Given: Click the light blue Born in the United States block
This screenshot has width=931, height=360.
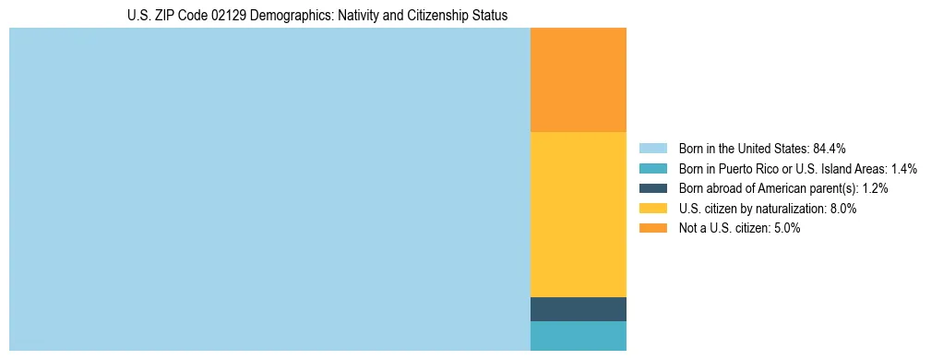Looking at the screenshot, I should (269, 189).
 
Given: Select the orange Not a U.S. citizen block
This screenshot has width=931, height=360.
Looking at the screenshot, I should (579, 80).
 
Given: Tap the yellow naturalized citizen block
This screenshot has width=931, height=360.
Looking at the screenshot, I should (579, 214).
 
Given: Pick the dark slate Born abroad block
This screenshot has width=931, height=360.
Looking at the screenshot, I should (579, 309).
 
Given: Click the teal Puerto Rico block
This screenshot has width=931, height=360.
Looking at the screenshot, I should (579, 336).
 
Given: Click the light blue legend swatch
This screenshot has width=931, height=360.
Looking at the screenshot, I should (652, 149).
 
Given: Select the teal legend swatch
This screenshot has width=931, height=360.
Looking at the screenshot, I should (652, 169).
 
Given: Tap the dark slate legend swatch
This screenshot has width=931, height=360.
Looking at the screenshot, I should (652, 188).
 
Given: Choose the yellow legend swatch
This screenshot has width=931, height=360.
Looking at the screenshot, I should (652, 209).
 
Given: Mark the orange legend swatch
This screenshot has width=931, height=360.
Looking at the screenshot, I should (652, 228).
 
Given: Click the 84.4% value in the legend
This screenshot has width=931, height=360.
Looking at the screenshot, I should (830, 149).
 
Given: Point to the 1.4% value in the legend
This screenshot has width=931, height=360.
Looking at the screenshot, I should (904, 169).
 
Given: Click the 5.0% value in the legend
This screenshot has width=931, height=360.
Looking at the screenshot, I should (785, 228).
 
